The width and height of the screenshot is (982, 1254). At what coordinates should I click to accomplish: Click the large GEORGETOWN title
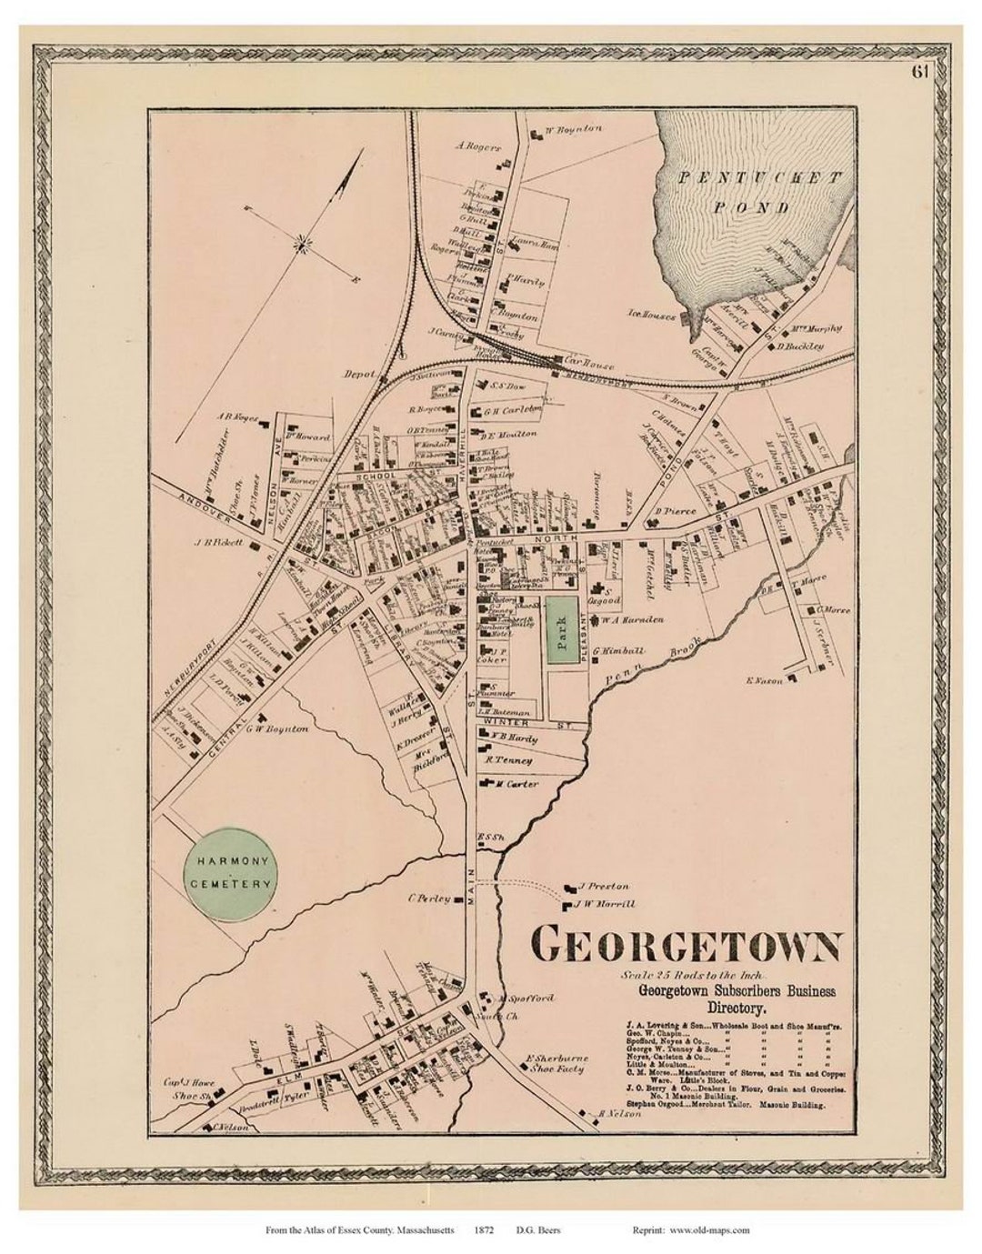click(x=686, y=945)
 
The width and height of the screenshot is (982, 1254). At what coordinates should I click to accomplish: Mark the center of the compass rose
click(x=303, y=242)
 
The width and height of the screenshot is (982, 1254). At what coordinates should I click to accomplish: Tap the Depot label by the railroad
click(x=360, y=373)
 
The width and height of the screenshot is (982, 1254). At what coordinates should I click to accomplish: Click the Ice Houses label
click(x=651, y=316)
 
